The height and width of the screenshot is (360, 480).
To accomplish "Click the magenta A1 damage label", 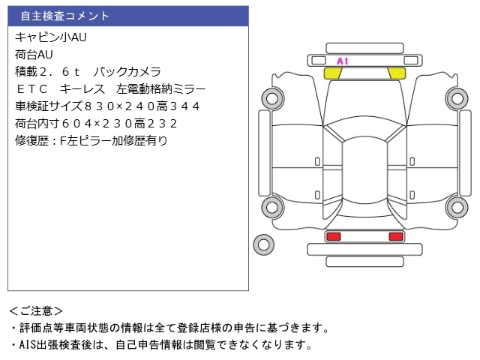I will pyautogui.click(x=343, y=61).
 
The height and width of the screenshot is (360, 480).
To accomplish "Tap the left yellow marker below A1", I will pyautogui.click(x=332, y=73).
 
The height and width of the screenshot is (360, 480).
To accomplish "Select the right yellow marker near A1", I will pyautogui.click(x=396, y=73).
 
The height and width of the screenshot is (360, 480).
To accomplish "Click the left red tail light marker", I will pyautogui.click(x=333, y=237).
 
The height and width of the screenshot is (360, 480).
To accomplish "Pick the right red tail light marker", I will pyautogui.click(x=395, y=237).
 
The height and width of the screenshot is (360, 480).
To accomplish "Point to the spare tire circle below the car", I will pyautogui.click(x=262, y=244).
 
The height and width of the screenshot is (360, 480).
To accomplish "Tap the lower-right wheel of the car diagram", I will pyautogui.click(x=456, y=208).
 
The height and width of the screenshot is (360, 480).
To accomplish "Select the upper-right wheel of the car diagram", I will pyautogui.click(x=456, y=96).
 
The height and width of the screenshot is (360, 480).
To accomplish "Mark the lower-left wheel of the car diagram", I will pyautogui.click(x=271, y=208).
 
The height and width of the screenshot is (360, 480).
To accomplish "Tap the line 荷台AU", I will pyautogui.click(x=34, y=54).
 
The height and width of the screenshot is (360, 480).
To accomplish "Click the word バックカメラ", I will pyautogui.click(x=127, y=71).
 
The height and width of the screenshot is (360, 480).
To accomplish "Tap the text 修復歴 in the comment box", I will pyautogui.click(x=34, y=140).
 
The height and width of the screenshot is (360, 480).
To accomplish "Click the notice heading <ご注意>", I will pyautogui.click(x=36, y=310).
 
